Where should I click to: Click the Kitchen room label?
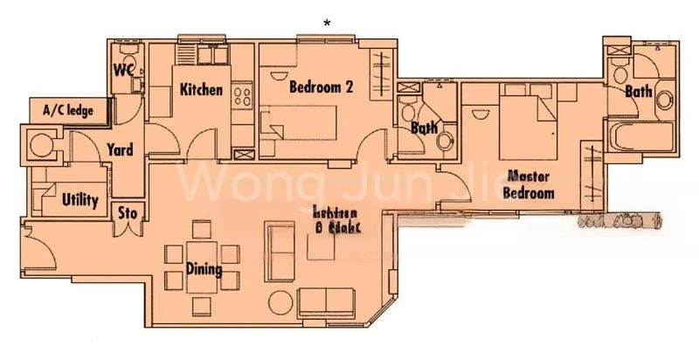202,90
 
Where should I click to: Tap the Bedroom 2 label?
301,88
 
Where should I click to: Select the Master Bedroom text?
529,184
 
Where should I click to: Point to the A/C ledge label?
66,111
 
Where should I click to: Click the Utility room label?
80,200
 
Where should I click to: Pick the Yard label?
119,150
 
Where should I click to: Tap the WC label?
122,71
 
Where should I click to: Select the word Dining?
203,270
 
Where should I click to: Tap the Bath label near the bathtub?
638,91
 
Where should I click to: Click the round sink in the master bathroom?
664,98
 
